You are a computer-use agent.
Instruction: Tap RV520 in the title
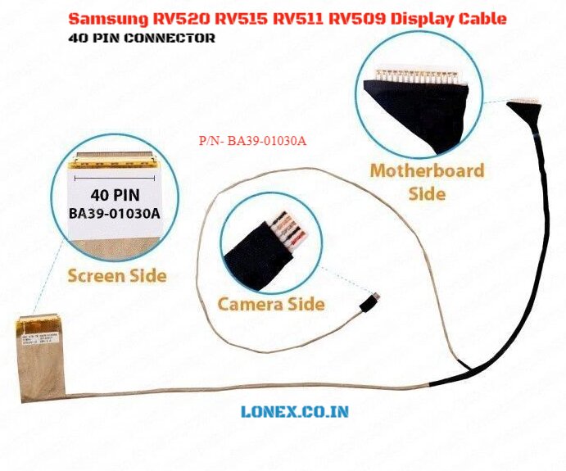tap(178, 18)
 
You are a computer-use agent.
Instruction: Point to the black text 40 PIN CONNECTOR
tap(143, 38)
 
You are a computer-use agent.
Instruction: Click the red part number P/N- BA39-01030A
tap(252, 141)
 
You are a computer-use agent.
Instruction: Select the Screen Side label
tap(117, 275)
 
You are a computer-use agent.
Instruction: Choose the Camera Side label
tap(271, 304)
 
